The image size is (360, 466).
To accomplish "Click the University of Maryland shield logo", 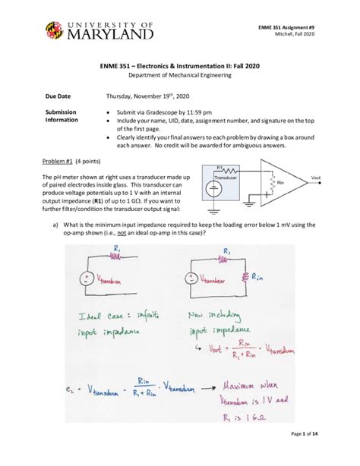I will coord(56,33).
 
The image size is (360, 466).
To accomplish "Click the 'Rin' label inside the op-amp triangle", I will coord(280,184).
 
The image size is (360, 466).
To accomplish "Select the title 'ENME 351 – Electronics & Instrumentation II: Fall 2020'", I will coord(180,67).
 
